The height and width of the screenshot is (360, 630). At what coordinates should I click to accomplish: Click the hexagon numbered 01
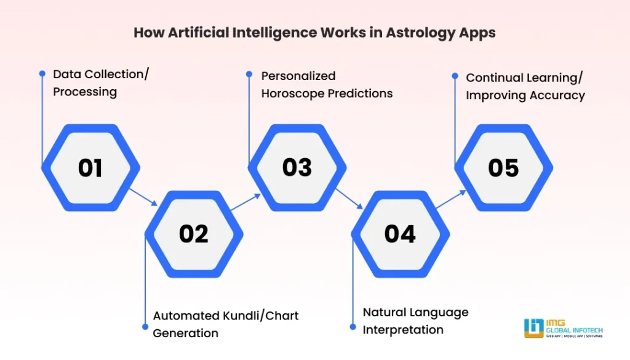pyautogui.click(x=90, y=168)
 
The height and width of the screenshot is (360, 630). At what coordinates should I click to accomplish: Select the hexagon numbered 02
pyautogui.click(x=194, y=234)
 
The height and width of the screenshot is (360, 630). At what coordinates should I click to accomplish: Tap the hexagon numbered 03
pyautogui.click(x=297, y=168)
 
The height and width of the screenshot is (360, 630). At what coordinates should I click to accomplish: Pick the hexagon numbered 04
pyautogui.click(x=400, y=234)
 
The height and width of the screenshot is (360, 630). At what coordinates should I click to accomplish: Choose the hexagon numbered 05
pyautogui.click(x=503, y=168)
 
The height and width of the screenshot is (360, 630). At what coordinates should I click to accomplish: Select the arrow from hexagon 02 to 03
pyautogui.click(x=245, y=201)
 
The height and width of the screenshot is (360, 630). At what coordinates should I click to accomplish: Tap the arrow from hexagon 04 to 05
pyautogui.click(x=452, y=201)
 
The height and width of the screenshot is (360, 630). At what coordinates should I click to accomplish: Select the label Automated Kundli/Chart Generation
pyautogui.click(x=225, y=324)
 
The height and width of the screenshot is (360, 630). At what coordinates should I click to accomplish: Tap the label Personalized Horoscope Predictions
pyautogui.click(x=327, y=85)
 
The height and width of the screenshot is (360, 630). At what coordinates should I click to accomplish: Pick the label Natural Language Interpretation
pyautogui.click(x=415, y=321)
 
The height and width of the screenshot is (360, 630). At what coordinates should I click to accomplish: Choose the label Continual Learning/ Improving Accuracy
pyautogui.click(x=525, y=87)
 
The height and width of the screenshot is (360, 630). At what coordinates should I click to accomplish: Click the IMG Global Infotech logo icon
pyautogui.click(x=532, y=328)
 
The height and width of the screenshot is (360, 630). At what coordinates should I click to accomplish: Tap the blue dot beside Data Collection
pyautogui.click(x=42, y=73)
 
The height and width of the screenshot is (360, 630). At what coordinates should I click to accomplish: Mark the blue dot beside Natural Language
pyautogui.click(x=353, y=327)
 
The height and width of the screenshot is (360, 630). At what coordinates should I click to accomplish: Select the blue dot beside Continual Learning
pyautogui.click(x=455, y=76)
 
